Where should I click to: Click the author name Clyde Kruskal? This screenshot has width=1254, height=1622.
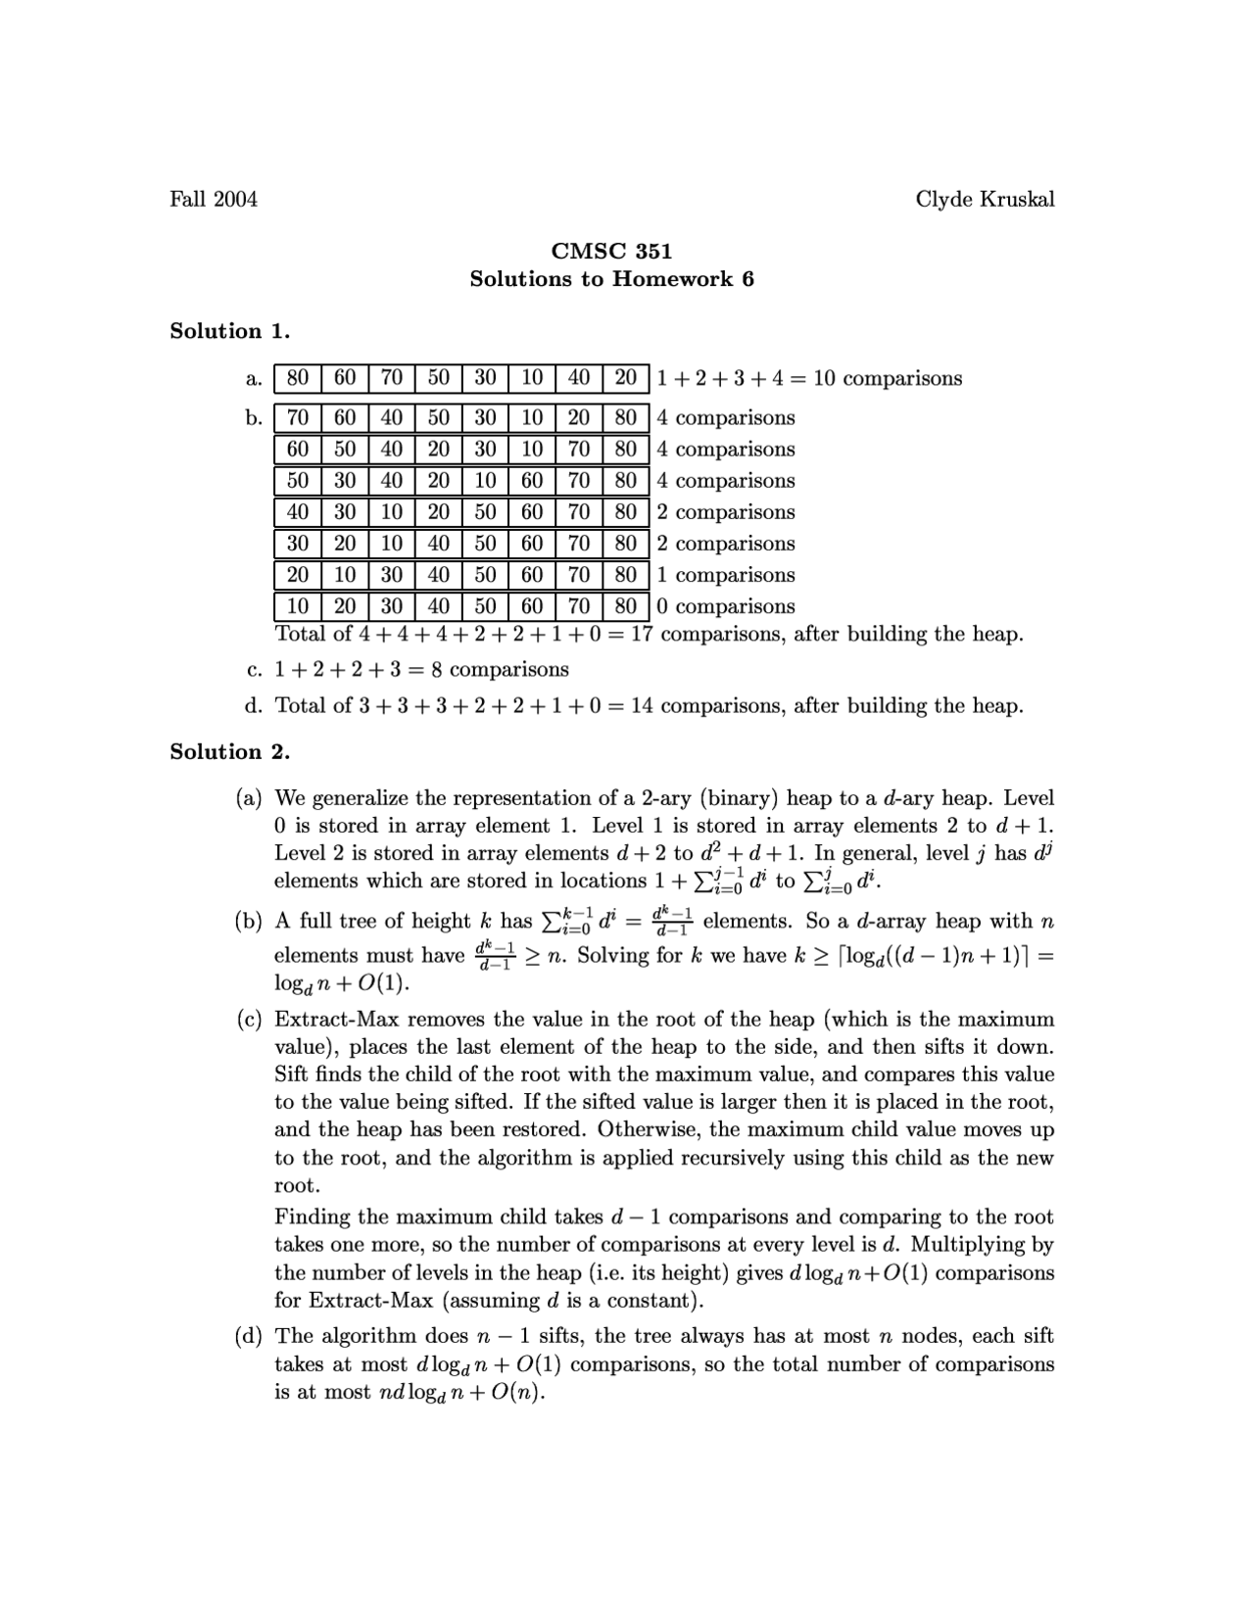pyautogui.click(x=985, y=200)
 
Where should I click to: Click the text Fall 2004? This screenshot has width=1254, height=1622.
pyautogui.click(x=214, y=200)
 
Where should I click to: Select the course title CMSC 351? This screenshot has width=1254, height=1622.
pyautogui.click(x=611, y=252)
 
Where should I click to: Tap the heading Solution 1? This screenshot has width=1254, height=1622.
pyautogui.click(x=229, y=331)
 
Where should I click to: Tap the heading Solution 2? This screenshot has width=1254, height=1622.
pyautogui.click(x=229, y=752)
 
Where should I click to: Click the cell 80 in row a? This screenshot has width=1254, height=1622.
pyautogui.click(x=298, y=378)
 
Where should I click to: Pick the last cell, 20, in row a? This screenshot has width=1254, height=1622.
pyautogui.click(x=625, y=378)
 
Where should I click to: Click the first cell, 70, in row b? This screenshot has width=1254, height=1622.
pyautogui.click(x=298, y=418)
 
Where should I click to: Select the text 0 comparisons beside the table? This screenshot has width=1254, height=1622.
pyautogui.click(x=726, y=606)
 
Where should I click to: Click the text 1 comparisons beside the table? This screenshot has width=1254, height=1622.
pyautogui.click(x=726, y=575)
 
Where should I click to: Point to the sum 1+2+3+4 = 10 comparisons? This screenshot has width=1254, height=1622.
pyautogui.click(x=809, y=379)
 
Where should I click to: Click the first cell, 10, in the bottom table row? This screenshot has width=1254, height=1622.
pyautogui.click(x=298, y=606)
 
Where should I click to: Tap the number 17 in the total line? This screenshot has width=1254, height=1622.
pyautogui.click(x=642, y=635)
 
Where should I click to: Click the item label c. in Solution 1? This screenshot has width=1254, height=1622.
pyautogui.click(x=255, y=670)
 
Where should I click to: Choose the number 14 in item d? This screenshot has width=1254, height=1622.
pyautogui.click(x=642, y=706)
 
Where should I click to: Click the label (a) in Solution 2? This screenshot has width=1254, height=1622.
pyautogui.click(x=249, y=798)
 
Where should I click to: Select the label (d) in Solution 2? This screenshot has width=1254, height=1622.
pyautogui.click(x=249, y=1337)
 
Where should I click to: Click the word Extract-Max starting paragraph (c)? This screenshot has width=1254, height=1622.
pyautogui.click(x=332, y=1020)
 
